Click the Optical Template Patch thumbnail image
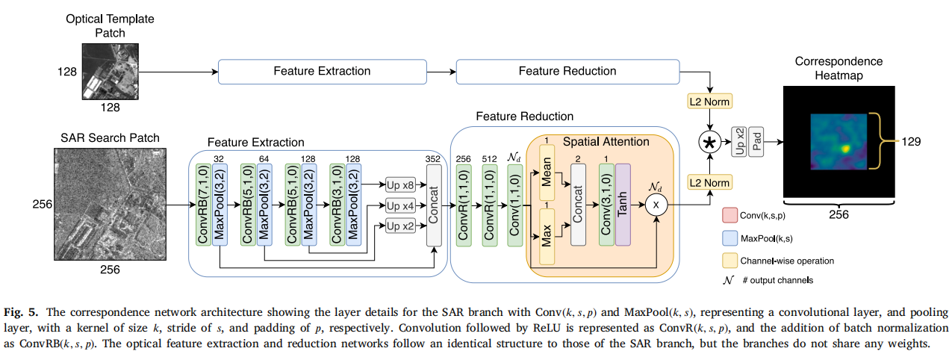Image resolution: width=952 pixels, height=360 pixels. coord(111,73)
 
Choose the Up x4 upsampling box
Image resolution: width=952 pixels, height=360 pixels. coord(399,205)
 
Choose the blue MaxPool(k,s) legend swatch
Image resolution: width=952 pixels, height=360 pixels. coord(730,238)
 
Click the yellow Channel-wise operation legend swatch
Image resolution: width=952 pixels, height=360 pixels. coord(730,261)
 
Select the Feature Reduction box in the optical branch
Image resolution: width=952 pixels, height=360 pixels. coord(567,72)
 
